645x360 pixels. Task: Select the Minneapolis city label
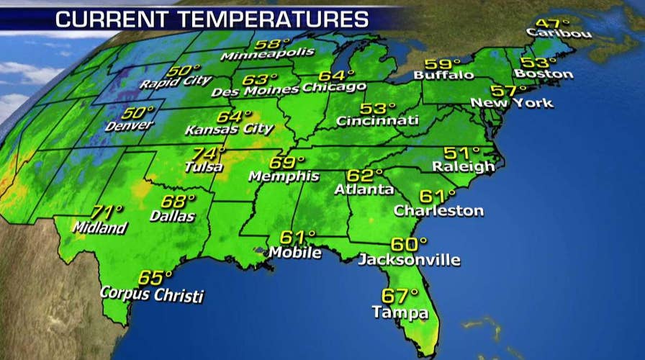pos(268,54)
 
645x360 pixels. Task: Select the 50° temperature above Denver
pos(138,112)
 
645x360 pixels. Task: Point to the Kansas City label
pos(229,130)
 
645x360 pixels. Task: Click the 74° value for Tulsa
pos(209,153)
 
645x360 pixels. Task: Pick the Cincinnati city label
pos(377,121)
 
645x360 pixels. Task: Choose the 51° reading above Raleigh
pos(461,153)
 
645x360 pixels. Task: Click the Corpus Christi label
pos(151,294)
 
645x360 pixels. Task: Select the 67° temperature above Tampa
pos(400,296)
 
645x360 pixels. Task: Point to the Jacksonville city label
pos(409,260)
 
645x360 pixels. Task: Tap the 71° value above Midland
pos(108,212)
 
